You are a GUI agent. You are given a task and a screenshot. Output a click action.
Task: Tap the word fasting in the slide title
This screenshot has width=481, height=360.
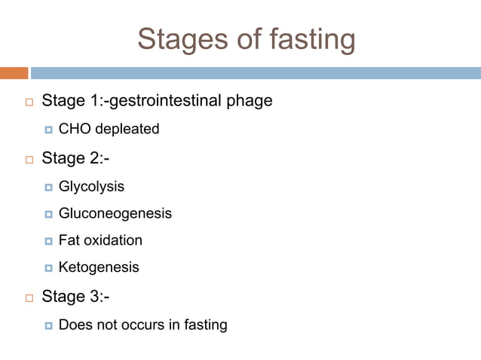(308, 39)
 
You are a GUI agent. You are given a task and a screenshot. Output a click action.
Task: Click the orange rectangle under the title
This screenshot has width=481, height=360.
(14, 73)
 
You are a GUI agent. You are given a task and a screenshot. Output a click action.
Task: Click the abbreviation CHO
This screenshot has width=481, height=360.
(73, 129)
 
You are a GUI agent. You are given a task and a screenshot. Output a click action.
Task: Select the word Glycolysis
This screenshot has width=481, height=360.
(91, 186)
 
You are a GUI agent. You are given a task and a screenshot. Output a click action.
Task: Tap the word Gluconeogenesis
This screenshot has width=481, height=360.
(115, 213)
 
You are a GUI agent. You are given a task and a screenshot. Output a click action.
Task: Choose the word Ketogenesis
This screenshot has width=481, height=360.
(99, 267)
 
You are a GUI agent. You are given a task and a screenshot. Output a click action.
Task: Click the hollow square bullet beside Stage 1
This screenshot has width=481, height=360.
(29, 101)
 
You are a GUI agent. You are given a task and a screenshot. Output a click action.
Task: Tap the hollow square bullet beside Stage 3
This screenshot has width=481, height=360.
(29, 297)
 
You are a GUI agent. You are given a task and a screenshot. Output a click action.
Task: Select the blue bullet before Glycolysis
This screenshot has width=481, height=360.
(49, 187)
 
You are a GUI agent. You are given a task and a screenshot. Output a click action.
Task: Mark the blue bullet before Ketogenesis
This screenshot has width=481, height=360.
(49, 268)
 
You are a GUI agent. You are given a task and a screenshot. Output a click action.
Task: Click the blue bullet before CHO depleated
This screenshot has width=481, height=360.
(49, 130)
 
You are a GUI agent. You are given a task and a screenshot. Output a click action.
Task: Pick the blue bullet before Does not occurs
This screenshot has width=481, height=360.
(49, 326)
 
